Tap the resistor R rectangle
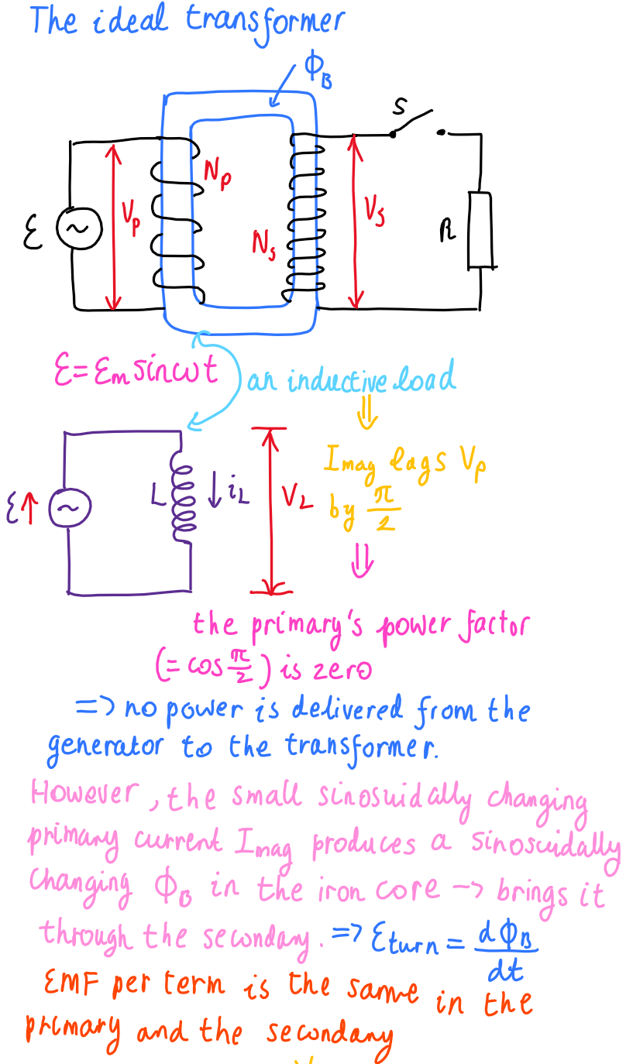[480, 231]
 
